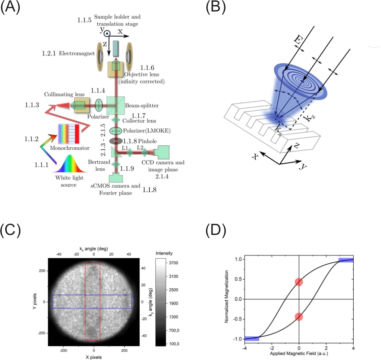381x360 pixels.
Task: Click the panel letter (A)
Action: pyautogui.click(x=10, y=8)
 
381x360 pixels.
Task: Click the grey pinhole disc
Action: pyautogui.click(x=116, y=141)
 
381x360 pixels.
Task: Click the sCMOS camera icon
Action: pyautogui.click(x=116, y=178)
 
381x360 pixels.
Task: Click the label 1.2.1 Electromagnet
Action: pyautogui.click(x=68, y=53)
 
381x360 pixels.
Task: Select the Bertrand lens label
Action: pyautogui.click(x=99, y=165)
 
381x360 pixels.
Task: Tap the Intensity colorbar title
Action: pyautogui.click(x=164, y=253)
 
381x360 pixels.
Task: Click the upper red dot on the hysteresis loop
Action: pyautogui.click(x=299, y=282)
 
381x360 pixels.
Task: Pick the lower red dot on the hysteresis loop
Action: pyautogui.click(x=299, y=316)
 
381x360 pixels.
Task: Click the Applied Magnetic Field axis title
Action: pyautogui.click(x=299, y=354)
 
